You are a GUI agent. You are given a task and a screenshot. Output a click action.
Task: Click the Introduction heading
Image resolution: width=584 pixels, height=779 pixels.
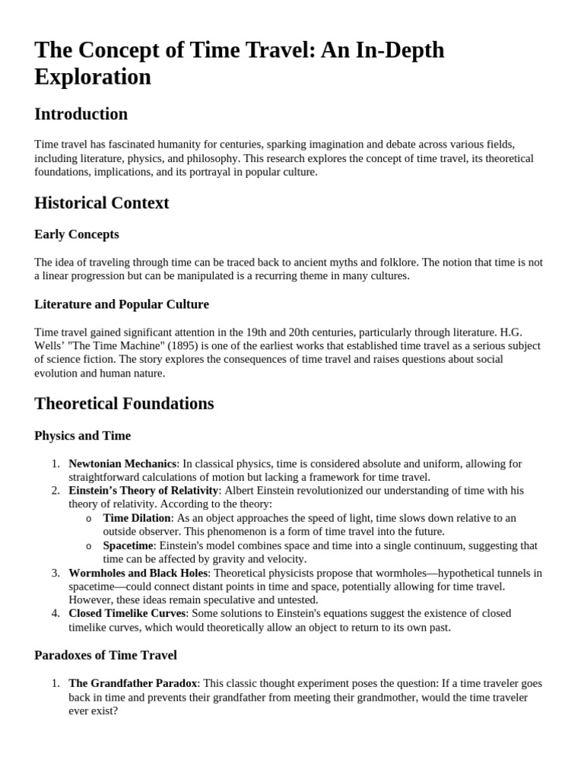click(81, 114)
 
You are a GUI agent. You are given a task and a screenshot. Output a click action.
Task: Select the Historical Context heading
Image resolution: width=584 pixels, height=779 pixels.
click(101, 203)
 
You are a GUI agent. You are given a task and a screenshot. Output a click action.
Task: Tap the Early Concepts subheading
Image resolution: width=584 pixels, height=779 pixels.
click(76, 234)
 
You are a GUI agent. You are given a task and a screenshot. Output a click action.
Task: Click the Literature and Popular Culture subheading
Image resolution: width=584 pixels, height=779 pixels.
click(121, 304)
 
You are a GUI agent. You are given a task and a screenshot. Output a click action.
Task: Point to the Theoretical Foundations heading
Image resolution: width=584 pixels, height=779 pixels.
click(124, 403)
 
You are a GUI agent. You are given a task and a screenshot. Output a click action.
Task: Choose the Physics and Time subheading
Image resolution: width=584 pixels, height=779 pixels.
click(82, 436)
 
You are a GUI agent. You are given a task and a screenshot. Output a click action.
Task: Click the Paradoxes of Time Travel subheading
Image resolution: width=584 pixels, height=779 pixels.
click(105, 655)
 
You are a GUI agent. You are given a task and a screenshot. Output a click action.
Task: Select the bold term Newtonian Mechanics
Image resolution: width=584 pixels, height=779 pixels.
click(122, 463)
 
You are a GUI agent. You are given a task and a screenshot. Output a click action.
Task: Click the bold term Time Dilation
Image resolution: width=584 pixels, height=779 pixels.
click(137, 518)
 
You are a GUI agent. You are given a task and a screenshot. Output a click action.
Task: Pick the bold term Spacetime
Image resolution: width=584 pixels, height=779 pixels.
click(129, 545)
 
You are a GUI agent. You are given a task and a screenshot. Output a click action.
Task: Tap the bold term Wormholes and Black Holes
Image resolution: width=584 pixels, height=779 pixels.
click(138, 573)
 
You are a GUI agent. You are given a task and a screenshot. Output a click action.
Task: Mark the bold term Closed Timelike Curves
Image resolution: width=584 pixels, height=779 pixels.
click(127, 613)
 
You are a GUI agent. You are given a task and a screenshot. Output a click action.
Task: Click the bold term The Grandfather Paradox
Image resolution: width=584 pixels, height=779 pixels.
click(133, 683)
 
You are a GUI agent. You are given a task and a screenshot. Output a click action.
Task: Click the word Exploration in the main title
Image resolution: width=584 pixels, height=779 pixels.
click(93, 77)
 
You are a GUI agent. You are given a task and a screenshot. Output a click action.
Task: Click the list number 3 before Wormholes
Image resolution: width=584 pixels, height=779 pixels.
click(55, 573)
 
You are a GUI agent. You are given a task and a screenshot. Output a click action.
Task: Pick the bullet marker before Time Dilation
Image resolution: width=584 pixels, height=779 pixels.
click(88, 519)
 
